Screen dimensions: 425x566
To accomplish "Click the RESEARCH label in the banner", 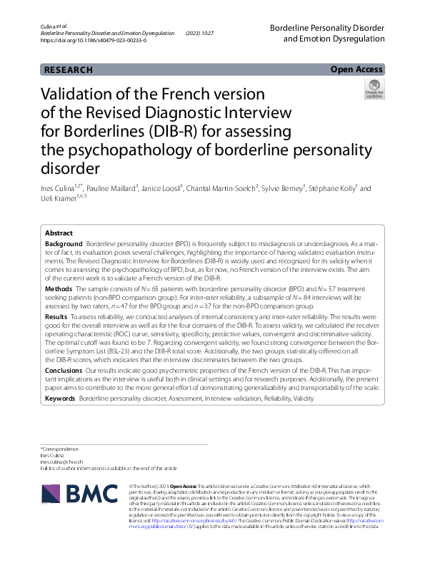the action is coord(69,69).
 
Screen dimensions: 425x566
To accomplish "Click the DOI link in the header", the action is coord(93,42).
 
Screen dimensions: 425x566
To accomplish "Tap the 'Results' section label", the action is coord(56,316).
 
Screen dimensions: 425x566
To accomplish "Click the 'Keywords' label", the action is coord(60,397).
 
